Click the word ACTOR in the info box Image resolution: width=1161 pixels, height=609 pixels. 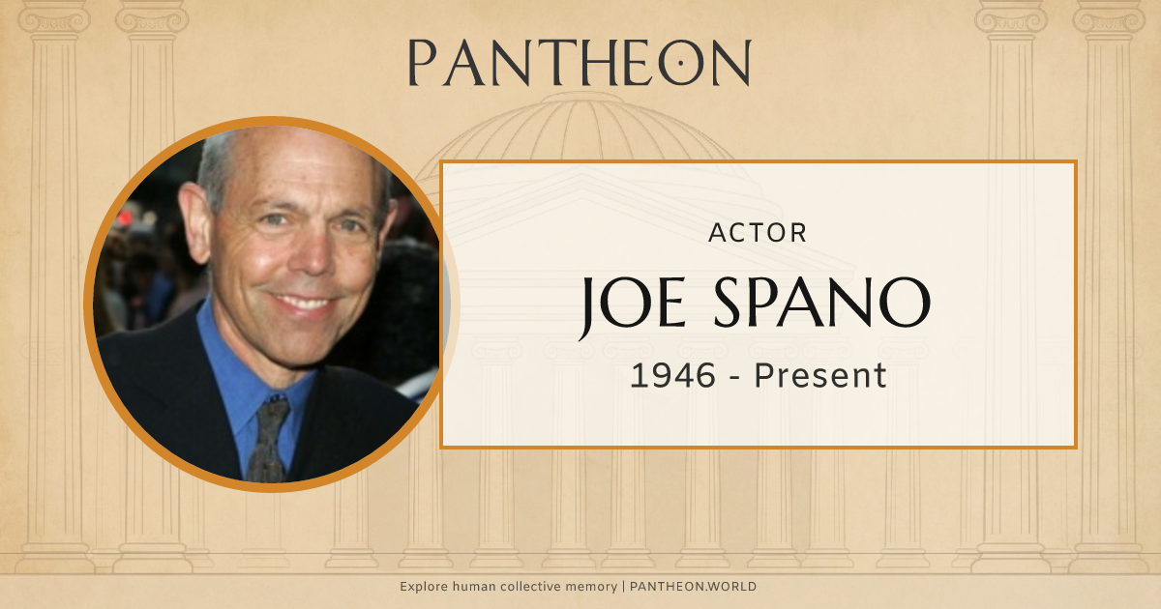[758, 233]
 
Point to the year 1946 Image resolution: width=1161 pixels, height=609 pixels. [673, 376]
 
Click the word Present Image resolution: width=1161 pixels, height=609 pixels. [820, 376]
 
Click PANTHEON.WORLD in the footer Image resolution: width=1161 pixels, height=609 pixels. [693, 587]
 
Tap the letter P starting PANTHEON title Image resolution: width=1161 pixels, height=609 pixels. [423, 63]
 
